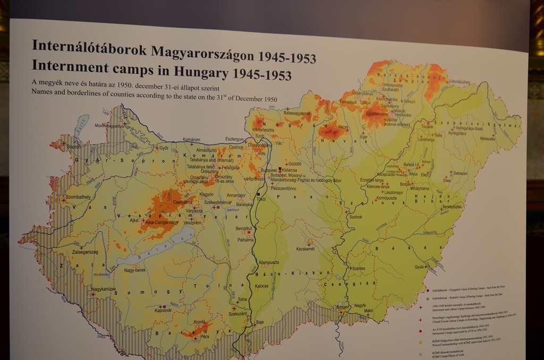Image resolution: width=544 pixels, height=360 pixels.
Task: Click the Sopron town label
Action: point(74,147)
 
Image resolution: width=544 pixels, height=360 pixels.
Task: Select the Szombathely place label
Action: point(78,197)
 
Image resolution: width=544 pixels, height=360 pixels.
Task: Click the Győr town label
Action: point(164,148)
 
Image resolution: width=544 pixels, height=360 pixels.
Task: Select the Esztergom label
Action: point(234,139)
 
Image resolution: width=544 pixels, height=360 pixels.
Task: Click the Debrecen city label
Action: point(460,174)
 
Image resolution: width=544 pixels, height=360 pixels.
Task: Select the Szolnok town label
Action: point(356,217)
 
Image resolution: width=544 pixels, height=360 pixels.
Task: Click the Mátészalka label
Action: point(487,139)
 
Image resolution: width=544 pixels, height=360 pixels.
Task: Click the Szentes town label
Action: point(359,269)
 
